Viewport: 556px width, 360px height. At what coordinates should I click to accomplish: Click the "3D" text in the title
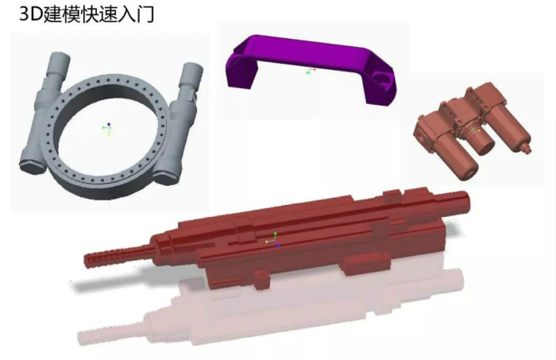tap(31, 14)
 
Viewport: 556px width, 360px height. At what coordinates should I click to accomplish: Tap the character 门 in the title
tap(145, 14)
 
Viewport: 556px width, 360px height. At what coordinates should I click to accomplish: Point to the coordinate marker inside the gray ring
tap(107, 129)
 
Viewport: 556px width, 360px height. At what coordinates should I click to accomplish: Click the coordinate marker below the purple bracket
tap(310, 72)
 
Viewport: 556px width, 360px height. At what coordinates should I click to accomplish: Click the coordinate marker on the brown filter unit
tap(474, 131)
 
